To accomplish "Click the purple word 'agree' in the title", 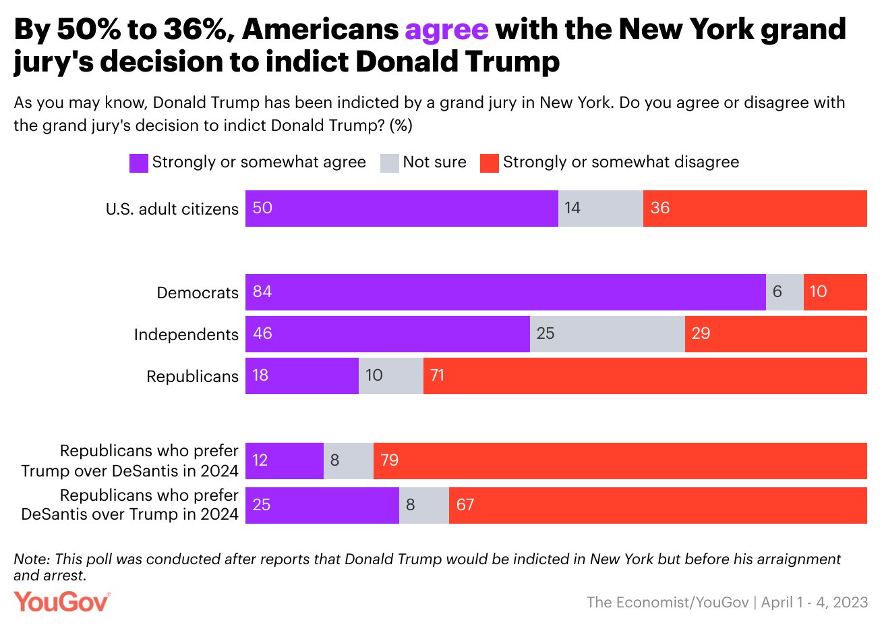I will point(446,30).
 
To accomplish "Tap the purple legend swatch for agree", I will point(138,163).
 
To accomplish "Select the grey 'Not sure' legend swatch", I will point(389,163).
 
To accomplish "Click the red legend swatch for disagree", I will point(489,163).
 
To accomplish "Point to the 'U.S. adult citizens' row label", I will point(172,209).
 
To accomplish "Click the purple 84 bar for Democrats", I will point(505,292).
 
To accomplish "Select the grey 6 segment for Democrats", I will point(784,292).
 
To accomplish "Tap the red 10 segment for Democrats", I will point(835,292).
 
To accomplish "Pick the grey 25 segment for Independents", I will point(607,334).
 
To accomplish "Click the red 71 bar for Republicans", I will point(645,376).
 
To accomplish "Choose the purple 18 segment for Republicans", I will point(301,376).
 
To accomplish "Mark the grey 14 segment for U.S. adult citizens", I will point(600,209).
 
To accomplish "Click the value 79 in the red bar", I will point(390,460).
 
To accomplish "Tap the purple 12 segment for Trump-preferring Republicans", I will point(284,461).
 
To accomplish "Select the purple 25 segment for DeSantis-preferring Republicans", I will point(322,505).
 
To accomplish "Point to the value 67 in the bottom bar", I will point(465,505).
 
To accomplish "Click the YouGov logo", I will point(61,601).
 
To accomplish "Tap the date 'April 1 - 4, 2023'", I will point(815,603).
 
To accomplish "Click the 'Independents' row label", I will point(186,335).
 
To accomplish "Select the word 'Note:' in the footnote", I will point(32,559).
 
